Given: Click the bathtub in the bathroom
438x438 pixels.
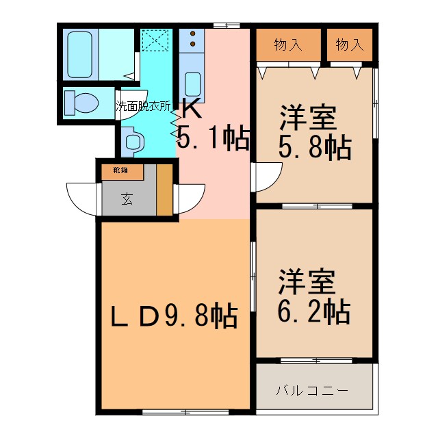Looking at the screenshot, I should pos(81,54).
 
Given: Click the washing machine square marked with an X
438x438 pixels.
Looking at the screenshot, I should pos(155,40).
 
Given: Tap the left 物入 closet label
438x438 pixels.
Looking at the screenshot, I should pos(287,45).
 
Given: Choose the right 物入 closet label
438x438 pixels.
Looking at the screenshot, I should pos(349,45).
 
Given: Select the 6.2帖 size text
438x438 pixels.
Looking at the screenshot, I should pos(314,311).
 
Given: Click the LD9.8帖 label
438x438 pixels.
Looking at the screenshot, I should pos(175,315).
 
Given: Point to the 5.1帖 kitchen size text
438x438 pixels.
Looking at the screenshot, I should pos(213,139).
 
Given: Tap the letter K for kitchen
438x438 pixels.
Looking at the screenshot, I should pos(190,107).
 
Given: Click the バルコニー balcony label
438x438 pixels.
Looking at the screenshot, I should pos(313,391).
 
